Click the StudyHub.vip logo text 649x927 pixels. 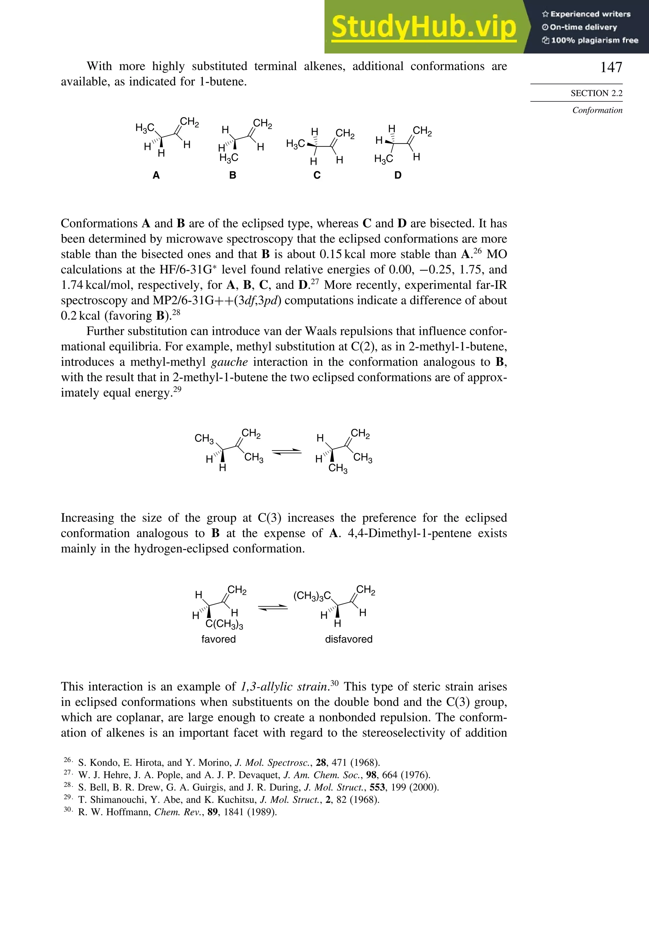pyautogui.click(x=424, y=27)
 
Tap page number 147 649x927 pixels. pyautogui.click(x=611, y=67)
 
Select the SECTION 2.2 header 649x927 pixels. pyautogui.click(x=596, y=93)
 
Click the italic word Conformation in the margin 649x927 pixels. pyautogui.click(x=597, y=110)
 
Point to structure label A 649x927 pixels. pyautogui.click(x=156, y=175)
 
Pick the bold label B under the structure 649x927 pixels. pyautogui.click(x=233, y=175)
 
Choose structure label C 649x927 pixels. pyautogui.click(x=317, y=175)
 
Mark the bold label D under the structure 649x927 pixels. pyautogui.click(x=398, y=175)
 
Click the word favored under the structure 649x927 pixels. pyautogui.click(x=218, y=639)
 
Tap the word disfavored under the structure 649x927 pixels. pyautogui.click(x=349, y=639)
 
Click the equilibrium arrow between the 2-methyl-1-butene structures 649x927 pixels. pyautogui.click(x=287, y=452)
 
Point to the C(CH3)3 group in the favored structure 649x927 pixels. pyautogui.click(x=225, y=624)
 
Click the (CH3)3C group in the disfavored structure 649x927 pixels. pyautogui.click(x=312, y=596)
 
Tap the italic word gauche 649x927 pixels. pyautogui.click(x=229, y=362)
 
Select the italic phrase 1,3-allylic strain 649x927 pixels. pyautogui.click(x=284, y=687)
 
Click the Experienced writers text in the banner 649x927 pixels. pyautogui.click(x=590, y=14)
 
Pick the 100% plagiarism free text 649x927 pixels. pyautogui.click(x=594, y=40)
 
